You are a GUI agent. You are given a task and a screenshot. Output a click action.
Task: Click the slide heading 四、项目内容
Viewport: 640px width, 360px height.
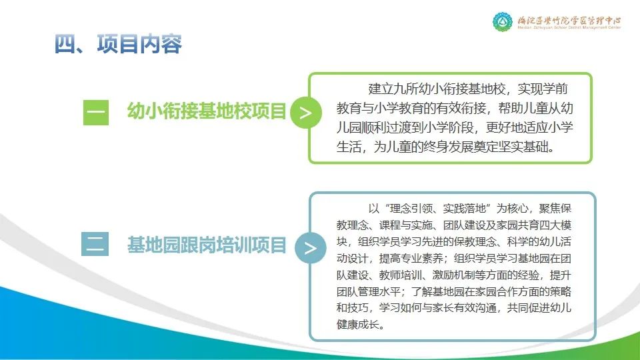(118, 44)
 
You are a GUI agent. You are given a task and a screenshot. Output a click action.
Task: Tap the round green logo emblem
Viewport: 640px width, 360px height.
(503, 21)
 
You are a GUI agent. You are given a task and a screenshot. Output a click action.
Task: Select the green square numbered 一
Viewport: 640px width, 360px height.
(96, 112)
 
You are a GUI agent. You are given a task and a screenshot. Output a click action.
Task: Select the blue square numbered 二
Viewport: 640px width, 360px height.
(95, 244)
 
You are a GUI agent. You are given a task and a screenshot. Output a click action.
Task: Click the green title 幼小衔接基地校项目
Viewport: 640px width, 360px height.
(207, 111)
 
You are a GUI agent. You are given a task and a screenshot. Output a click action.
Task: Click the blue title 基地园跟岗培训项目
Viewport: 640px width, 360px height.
(207, 245)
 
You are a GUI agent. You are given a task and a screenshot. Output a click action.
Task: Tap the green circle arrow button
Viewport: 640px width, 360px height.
(306, 113)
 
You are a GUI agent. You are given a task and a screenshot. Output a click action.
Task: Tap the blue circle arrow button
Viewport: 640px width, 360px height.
(310, 248)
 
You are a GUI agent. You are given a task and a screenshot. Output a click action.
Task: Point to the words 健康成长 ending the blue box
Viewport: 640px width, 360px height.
(358, 325)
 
